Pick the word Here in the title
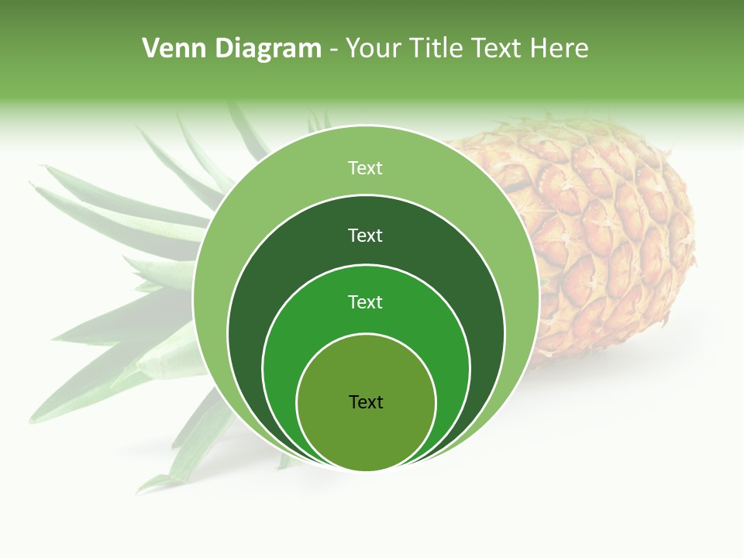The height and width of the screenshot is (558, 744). coord(560,49)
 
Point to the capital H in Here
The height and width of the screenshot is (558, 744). coord(538,49)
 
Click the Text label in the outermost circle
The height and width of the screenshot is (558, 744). coord(365,168)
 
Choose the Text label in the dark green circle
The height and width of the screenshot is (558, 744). coord(365,236)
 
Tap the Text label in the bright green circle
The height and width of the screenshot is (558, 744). coord(365,302)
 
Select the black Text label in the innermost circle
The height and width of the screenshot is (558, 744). coord(366,402)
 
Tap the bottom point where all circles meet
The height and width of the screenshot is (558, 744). coord(366,470)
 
